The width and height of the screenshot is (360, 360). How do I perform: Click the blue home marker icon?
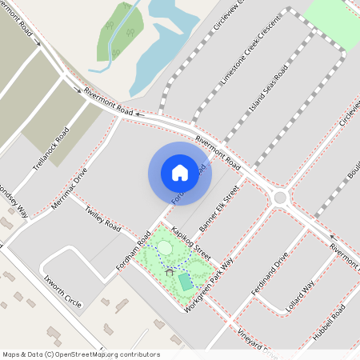[x=180, y=173]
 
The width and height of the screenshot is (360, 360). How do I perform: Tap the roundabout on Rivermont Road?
[x=280, y=197]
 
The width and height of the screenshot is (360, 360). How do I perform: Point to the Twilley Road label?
[x=103, y=217]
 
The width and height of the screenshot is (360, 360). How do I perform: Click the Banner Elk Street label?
[x=220, y=210]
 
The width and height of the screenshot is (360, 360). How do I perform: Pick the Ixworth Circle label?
[x=63, y=292]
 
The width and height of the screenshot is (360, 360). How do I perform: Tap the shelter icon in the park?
[x=170, y=271]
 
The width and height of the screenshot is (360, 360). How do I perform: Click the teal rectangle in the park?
[x=185, y=282]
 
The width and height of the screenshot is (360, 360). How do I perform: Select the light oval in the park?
[x=164, y=247]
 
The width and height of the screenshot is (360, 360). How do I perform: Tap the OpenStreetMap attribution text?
[x=80, y=354]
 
